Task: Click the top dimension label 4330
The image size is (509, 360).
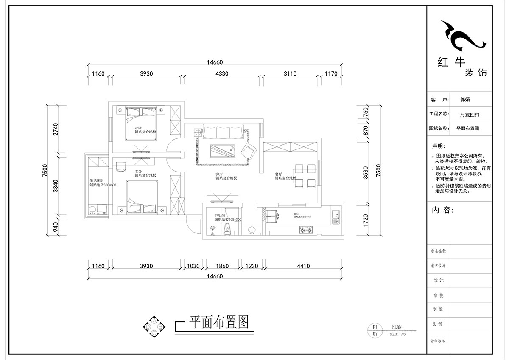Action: (x=222, y=74)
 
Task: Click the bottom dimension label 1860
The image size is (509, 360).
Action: (x=222, y=267)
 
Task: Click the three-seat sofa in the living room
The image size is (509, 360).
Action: (x=223, y=132)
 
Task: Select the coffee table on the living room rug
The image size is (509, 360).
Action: (x=222, y=150)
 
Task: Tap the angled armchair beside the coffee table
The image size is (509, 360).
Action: (x=249, y=151)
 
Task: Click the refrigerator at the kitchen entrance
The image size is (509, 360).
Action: (x=271, y=215)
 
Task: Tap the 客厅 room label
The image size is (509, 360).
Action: (x=219, y=174)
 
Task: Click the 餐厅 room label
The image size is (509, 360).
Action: (x=279, y=174)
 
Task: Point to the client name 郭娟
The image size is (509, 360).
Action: (x=465, y=100)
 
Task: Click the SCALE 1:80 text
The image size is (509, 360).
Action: (x=398, y=334)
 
